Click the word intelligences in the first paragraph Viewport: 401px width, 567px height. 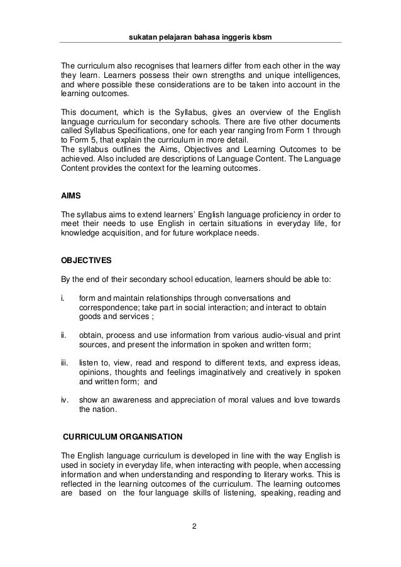click(314, 77)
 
